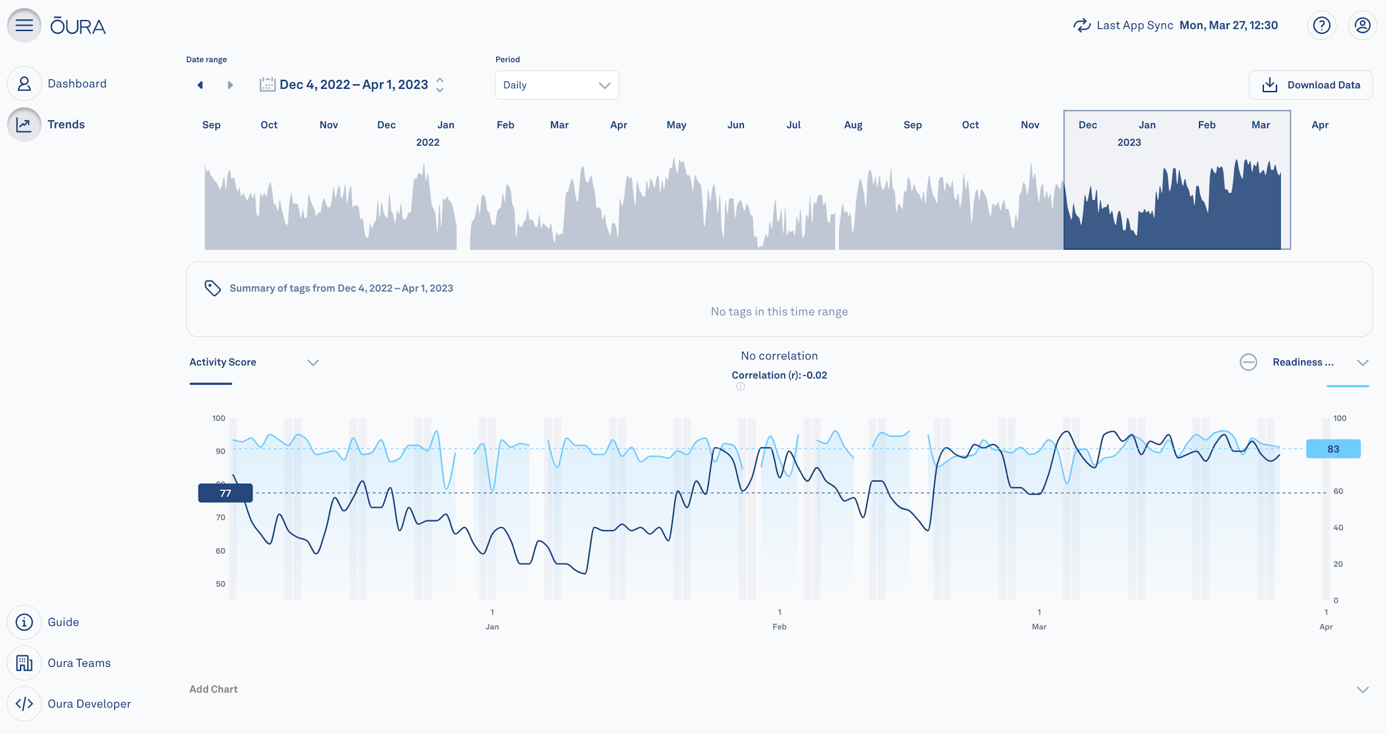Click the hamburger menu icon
click(24, 26)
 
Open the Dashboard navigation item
click(77, 84)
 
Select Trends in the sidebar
click(65, 124)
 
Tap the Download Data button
click(1310, 85)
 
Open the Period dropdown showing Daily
click(556, 85)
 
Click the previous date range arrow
click(200, 85)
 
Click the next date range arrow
click(230, 85)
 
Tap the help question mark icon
click(1322, 26)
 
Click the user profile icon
click(1362, 26)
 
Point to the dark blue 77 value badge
click(225, 493)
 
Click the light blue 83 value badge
click(1333, 449)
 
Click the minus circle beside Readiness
click(1248, 362)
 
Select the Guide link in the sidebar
click(63, 622)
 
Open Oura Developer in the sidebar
click(89, 703)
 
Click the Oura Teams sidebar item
click(79, 663)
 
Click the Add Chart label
click(214, 689)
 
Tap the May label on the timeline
click(676, 125)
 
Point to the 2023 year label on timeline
click(1129, 143)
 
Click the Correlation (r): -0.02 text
click(779, 375)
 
